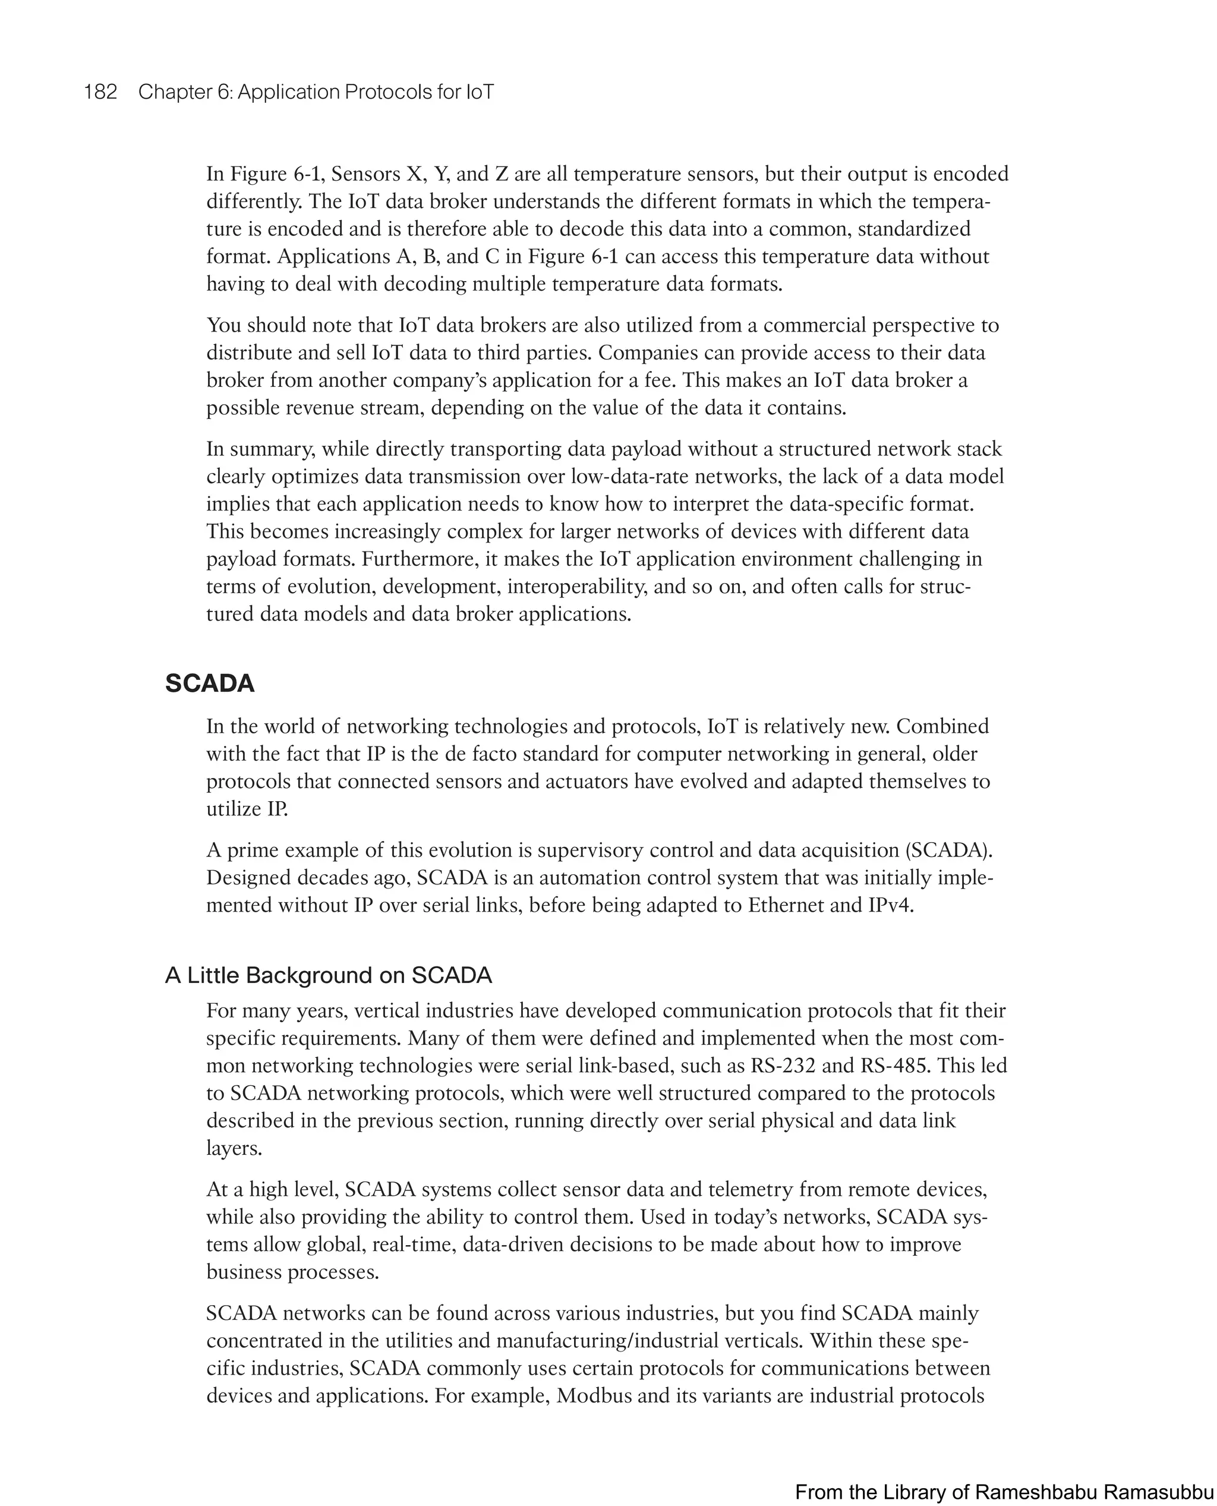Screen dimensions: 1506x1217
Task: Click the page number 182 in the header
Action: click(100, 92)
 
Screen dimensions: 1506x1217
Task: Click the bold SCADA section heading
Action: click(210, 683)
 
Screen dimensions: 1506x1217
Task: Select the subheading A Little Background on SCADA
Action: click(328, 975)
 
